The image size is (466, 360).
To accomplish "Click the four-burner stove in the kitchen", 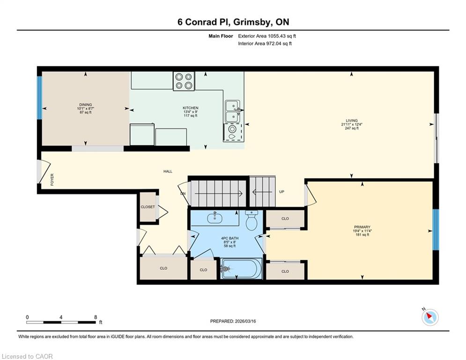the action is coord(184,81).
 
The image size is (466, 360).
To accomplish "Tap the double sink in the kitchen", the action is coord(233,111).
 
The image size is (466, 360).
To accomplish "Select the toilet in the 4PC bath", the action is coord(251,220).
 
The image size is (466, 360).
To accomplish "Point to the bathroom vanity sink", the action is coord(215,217).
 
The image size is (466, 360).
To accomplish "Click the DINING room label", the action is coord(86,105).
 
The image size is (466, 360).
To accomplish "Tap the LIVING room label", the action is coord(352,121).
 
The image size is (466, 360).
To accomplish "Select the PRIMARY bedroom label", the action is coord(362,227).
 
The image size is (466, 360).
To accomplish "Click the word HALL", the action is coord(168,172).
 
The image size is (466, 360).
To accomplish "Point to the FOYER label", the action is coord(52,180).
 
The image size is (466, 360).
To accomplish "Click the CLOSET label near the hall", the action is coord(148,207).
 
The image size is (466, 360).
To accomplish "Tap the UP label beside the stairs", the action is coord(282,192).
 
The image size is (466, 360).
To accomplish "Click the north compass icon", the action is coord(430,316).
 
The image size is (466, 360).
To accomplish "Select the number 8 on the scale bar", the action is coord(96,317).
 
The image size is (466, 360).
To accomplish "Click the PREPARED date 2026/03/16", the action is coord(245,321).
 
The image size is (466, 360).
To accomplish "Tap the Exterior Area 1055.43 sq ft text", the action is coord(267,36).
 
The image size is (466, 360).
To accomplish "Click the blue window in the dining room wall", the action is coord(39,98).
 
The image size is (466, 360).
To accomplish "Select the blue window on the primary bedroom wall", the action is coord(436,230).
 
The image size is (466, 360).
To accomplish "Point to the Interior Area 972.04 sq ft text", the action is coord(265,44).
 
